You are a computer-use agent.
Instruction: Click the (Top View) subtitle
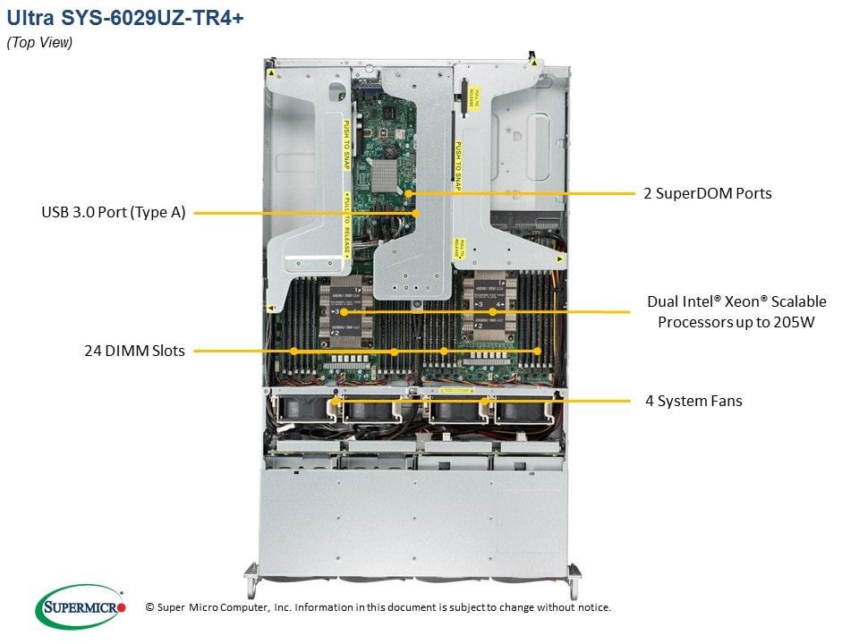(x=40, y=43)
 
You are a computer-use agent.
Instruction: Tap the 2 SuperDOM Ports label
(x=708, y=193)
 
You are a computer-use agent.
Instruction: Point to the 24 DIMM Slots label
(x=135, y=351)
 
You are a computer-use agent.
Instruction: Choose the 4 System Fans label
(x=694, y=401)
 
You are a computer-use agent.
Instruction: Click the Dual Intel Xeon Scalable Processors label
(x=736, y=311)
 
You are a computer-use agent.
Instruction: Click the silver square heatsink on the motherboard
(x=385, y=171)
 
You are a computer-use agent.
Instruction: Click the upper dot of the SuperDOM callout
(x=409, y=193)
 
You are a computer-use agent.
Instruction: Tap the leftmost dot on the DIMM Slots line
(x=293, y=351)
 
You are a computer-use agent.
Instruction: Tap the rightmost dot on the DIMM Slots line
(x=537, y=351)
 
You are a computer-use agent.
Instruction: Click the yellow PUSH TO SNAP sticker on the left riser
(x=346, y=143)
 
